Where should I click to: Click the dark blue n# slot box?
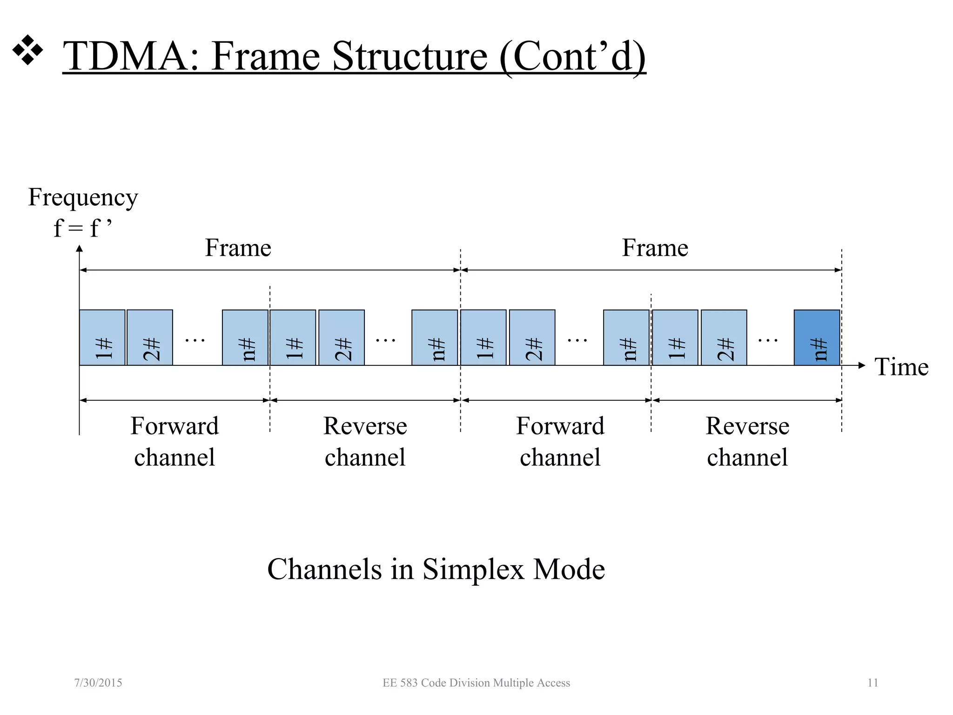(x=817, y=337)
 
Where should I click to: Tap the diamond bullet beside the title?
(x=27, y=50)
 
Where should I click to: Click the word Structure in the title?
(x=409, y=56)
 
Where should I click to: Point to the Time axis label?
(x=901, y=367)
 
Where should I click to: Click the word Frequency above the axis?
(x=83, y=197)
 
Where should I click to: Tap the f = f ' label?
(x=82, y=228)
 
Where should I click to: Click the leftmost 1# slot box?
(x=102, y=337)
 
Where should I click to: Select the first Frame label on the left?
(x=238, y=248)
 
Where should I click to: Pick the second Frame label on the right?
(x=655, y=248)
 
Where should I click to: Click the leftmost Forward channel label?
(x=174, y=441)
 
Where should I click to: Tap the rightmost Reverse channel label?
(x=747, y=441)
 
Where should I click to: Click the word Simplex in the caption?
(x=474, y=569)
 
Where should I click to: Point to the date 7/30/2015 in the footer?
(x=98, y=683)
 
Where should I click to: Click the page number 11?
(x=872, y=683)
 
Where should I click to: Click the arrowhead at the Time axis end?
(x=861, y=365)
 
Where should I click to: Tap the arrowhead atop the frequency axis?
(x=80, y=249)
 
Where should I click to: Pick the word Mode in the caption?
(x=569, y=569)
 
